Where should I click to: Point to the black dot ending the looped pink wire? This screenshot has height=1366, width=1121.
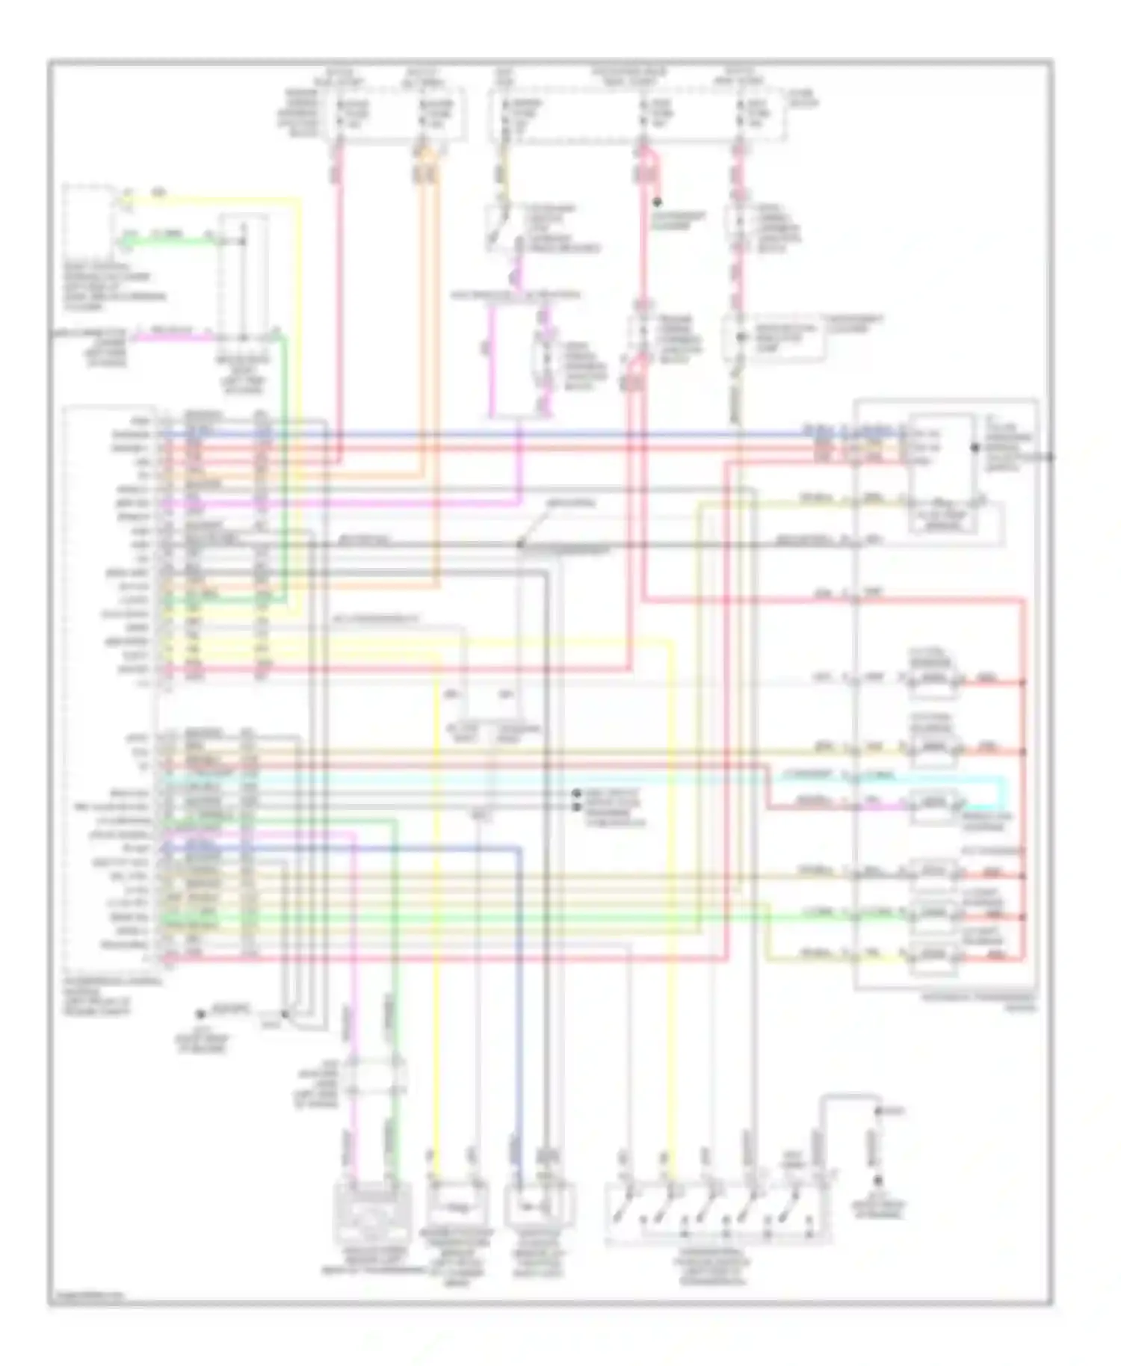pyautogui.click(x=657, y=202)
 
